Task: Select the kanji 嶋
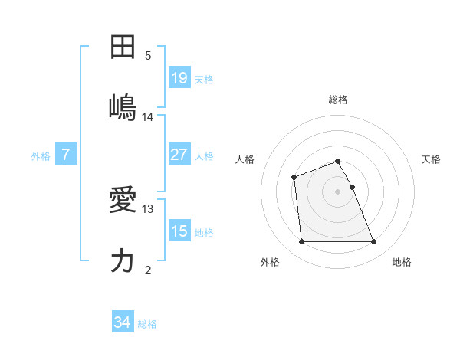[x=123, y=106]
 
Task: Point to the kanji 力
[x=123, y=260]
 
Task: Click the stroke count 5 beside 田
[x=148, y=56]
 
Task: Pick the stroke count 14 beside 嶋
[x=148, y=117]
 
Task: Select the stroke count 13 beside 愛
[x=148, y=208]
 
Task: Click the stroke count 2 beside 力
[x=148, y=270]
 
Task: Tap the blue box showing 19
[x=179, y=77]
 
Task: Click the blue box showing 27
[x=179, y=155]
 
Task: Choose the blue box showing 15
[x=179, y=231]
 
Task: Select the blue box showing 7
[x=66, y=155]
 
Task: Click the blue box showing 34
[x=123, y=322]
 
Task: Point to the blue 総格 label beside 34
[x=147, y=324]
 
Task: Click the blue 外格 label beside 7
[x=41, y=156]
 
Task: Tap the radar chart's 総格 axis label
[x=338, y=100]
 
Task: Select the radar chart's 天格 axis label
[x=431, y=159]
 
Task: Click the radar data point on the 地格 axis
[x=374, y=242]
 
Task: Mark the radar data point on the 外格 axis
[x=302, y=242]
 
